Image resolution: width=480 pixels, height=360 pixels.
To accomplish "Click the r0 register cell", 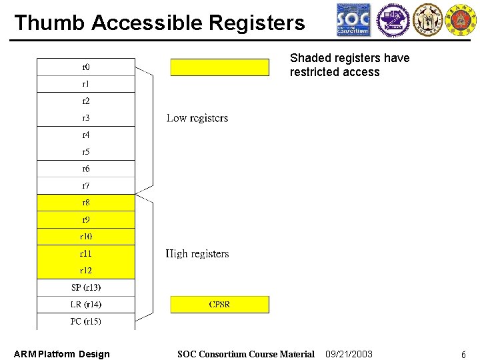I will point(86,67).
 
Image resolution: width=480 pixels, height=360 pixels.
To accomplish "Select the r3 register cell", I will point(86,118).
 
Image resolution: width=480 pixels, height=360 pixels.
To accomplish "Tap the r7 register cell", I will point(86,186).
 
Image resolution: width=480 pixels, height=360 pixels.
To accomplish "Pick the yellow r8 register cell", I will point(86,203).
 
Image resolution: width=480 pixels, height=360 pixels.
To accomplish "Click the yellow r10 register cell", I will point(86,237).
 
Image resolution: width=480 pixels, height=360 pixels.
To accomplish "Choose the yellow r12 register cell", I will point(86,271).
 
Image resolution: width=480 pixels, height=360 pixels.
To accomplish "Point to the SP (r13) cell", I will point(86,287).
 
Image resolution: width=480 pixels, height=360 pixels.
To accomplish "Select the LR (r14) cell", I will point(86,305).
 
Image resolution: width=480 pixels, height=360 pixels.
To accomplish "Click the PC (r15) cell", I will point(86,321).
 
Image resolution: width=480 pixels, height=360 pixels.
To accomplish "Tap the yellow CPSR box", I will point(219,305).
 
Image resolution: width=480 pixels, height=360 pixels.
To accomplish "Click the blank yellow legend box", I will point(219,67).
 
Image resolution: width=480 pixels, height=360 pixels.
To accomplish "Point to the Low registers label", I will point(197,119).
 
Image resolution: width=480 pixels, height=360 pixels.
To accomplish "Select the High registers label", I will point(197,254).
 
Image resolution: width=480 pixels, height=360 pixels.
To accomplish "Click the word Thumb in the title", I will point(50,23).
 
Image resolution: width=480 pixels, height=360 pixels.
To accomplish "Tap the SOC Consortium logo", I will point(353,20).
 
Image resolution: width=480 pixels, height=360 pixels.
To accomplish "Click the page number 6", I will point(463,355).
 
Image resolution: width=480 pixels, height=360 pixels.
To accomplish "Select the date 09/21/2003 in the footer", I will point(349,354).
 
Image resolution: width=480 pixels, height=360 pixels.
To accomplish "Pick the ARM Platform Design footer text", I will point(62,354).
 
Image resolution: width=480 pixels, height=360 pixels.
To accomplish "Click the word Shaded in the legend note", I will point(309,58).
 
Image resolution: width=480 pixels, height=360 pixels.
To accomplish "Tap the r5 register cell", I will point(86,152).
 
